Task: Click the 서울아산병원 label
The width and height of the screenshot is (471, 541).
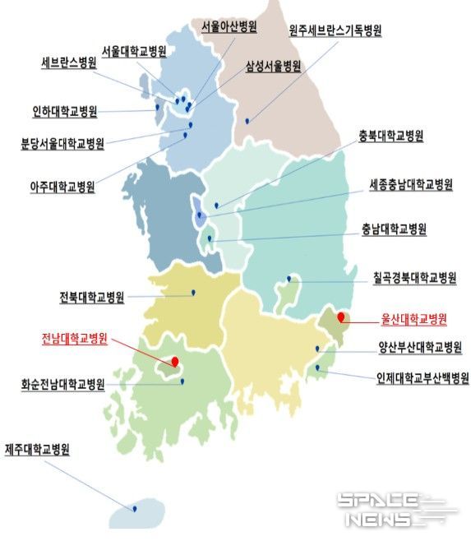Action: coord(229,27)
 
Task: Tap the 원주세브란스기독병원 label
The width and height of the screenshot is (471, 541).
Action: coord(335,30)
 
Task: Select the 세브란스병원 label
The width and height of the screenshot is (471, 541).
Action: coord(70,62)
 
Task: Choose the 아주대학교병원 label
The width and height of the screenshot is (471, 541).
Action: coord(62,187)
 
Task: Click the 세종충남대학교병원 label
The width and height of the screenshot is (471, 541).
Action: coord(411,185)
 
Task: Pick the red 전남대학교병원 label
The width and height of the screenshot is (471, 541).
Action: coord(75,337)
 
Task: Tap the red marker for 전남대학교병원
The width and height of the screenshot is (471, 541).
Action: coord(175,360)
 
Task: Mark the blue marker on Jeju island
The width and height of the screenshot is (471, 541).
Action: coord(134,509)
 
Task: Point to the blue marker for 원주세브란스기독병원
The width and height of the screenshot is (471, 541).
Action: coord(246,123)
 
